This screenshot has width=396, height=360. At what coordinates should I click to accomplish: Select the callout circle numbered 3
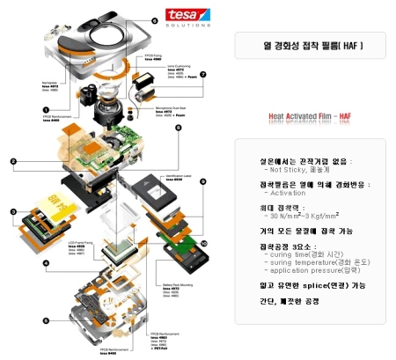coord(13,211)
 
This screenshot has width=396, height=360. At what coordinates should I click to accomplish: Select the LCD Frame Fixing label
coord(80,241)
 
